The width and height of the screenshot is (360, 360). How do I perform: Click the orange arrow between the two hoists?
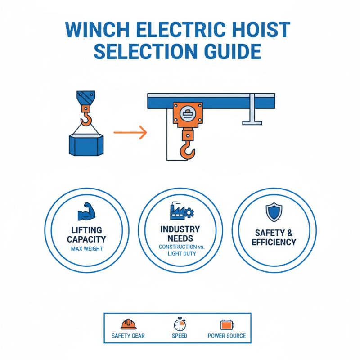130,132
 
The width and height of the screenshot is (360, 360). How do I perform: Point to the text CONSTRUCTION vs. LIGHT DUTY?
180,251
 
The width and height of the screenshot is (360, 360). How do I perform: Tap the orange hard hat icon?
128,324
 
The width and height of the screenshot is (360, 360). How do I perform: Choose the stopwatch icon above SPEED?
179,324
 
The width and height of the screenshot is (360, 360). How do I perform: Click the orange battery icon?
227,324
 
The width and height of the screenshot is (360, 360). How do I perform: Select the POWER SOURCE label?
227,336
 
